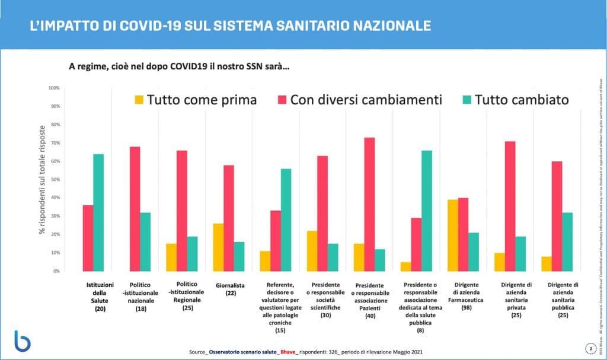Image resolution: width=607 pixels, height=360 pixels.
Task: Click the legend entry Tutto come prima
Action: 196,100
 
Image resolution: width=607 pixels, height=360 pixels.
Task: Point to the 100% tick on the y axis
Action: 54,88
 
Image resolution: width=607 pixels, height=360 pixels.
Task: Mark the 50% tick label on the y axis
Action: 54,180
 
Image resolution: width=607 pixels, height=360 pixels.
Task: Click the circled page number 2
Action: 590,348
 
